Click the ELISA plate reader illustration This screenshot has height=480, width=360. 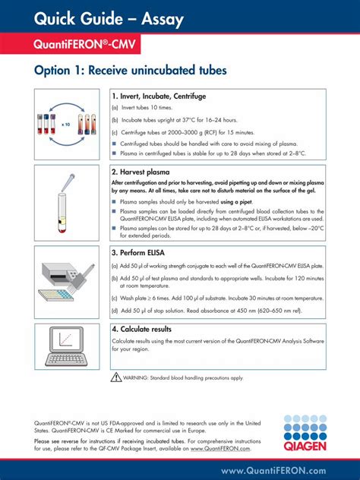(66, 281)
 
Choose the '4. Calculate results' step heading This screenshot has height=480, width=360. (152, 330)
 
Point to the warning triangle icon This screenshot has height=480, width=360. (116, 377)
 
